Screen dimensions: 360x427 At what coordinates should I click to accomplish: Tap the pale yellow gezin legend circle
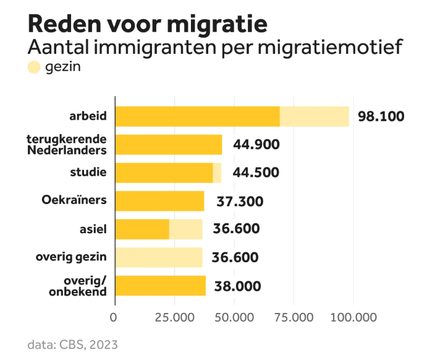[33, 67]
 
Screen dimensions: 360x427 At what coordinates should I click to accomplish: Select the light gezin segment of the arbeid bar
[315, 116]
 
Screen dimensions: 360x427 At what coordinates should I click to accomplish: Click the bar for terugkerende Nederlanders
[169, 144]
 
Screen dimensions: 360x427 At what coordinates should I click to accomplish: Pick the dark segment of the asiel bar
[142, 229]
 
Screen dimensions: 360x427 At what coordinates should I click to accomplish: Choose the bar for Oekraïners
[160, 201]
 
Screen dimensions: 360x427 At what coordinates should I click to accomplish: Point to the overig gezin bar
[159, 257]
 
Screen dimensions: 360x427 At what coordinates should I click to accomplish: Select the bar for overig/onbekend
[161, 286]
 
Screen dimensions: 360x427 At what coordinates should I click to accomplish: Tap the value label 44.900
[256, 145]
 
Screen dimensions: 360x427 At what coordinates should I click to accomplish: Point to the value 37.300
[240, 201]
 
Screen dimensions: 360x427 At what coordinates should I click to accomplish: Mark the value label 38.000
[237, 286]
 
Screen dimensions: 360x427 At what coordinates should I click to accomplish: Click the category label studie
[90, 172]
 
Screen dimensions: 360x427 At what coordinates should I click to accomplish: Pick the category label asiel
[94, 229]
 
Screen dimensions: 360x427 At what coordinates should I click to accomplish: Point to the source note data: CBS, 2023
[72, 344]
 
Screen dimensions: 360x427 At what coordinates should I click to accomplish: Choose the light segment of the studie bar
[217, 173]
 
